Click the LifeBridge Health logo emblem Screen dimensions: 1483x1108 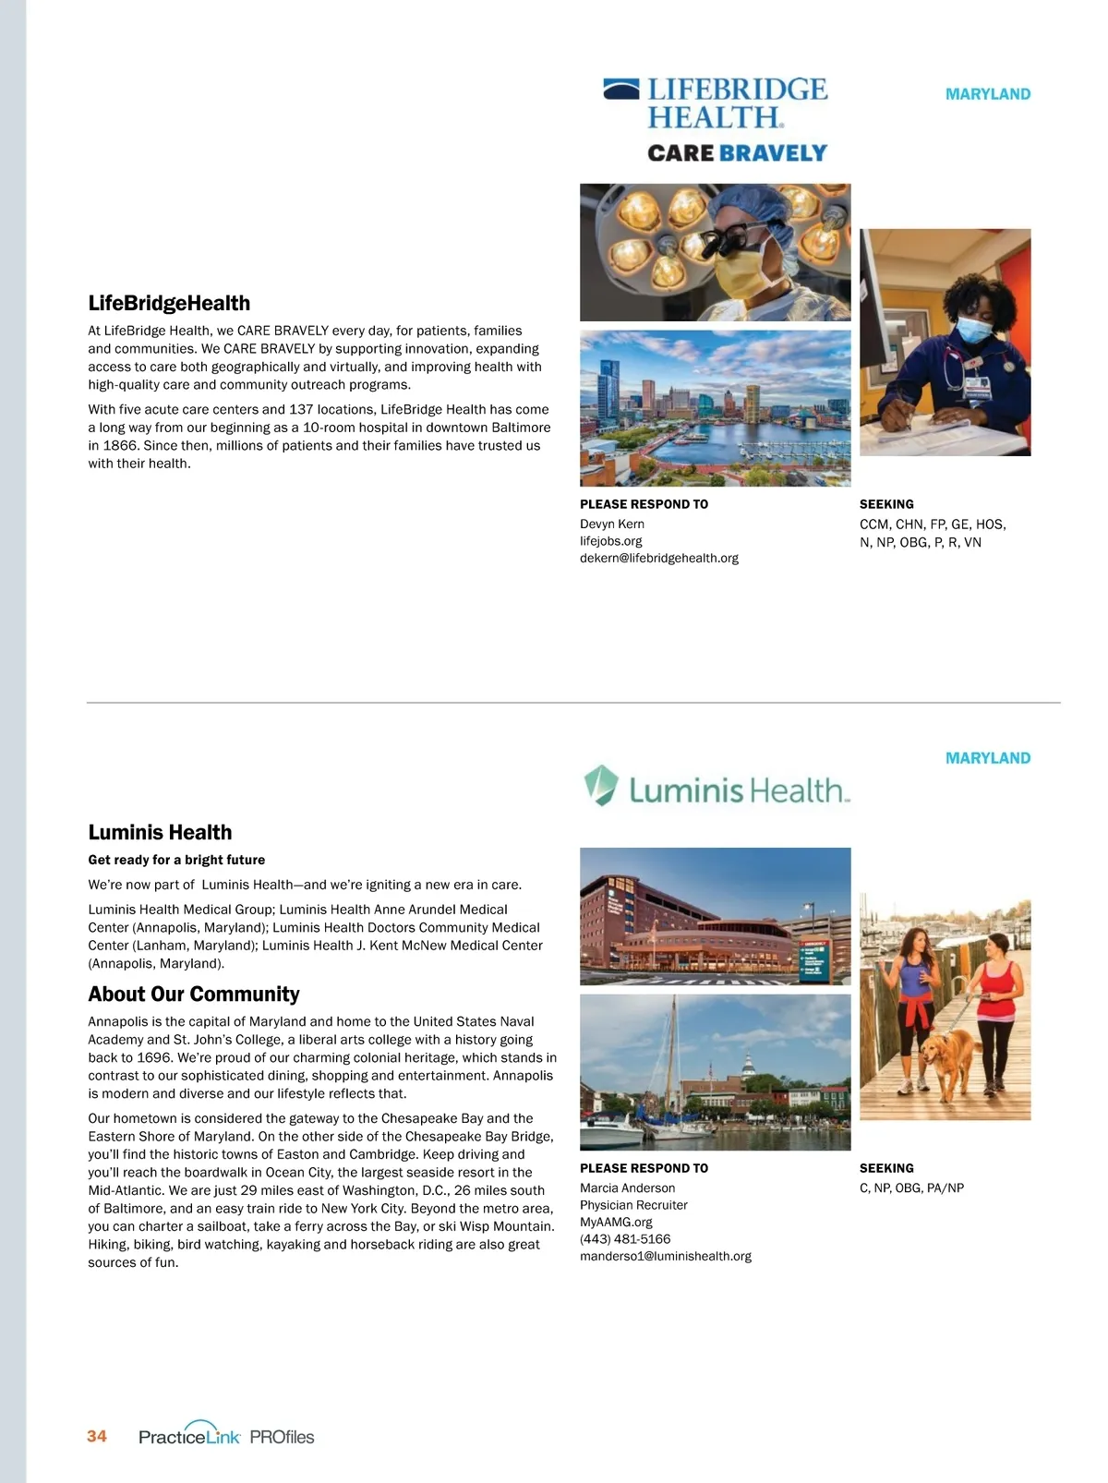click(x=620, y=90)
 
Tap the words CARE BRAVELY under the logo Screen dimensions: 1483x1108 click(x=737, y=153)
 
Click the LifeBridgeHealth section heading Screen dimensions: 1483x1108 click(x=169, y=304)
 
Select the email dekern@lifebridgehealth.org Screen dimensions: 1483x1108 click(x=658, y=558)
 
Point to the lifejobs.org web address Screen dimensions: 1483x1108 click(x=610, y=541)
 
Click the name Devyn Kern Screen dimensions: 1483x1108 click(x=611, y=524)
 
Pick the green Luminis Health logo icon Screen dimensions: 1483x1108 click(x=600, y=785)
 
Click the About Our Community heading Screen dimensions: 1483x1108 click(x=194, y=995)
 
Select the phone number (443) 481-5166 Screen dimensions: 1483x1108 click(x=625, y=1239)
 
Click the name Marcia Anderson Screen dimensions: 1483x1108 click(x=627, y=1188)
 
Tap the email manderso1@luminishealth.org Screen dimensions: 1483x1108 click(x=665, y=1256)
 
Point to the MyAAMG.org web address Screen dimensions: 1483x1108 click(x=616, y=1222)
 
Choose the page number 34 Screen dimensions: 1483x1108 click(x=97, y=1436)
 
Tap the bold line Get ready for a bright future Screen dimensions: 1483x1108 click(x=176, y=860)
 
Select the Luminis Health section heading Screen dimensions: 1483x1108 click(x=160, y=833)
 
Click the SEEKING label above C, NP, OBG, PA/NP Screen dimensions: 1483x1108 click(x=886, y=1168)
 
